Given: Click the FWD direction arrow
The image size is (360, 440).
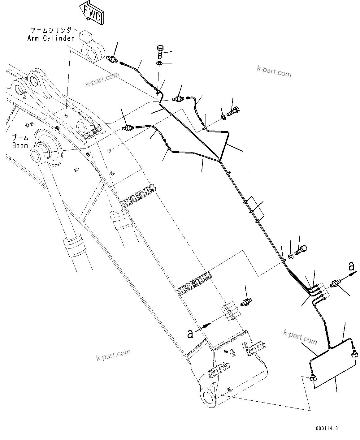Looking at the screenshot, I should click(x=92, y=13).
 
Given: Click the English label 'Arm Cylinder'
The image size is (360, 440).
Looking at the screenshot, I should click(x=51, y=38).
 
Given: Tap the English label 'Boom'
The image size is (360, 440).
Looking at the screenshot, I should click(x=20, y=145).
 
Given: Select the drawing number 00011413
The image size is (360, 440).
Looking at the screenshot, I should click(x=327, y=428).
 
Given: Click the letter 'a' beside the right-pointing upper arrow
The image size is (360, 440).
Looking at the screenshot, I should click(x=351, y=266).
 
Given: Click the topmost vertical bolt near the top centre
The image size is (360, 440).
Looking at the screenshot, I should click(x=160, y=52).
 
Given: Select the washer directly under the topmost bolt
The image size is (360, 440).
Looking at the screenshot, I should click(x=159, y=63).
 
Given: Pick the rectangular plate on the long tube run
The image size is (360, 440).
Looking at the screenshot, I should click(x=255, y=206).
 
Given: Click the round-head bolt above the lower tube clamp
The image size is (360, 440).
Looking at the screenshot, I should click(x=301, y=249).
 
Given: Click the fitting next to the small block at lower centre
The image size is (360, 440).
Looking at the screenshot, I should click(x=247, y=302).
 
